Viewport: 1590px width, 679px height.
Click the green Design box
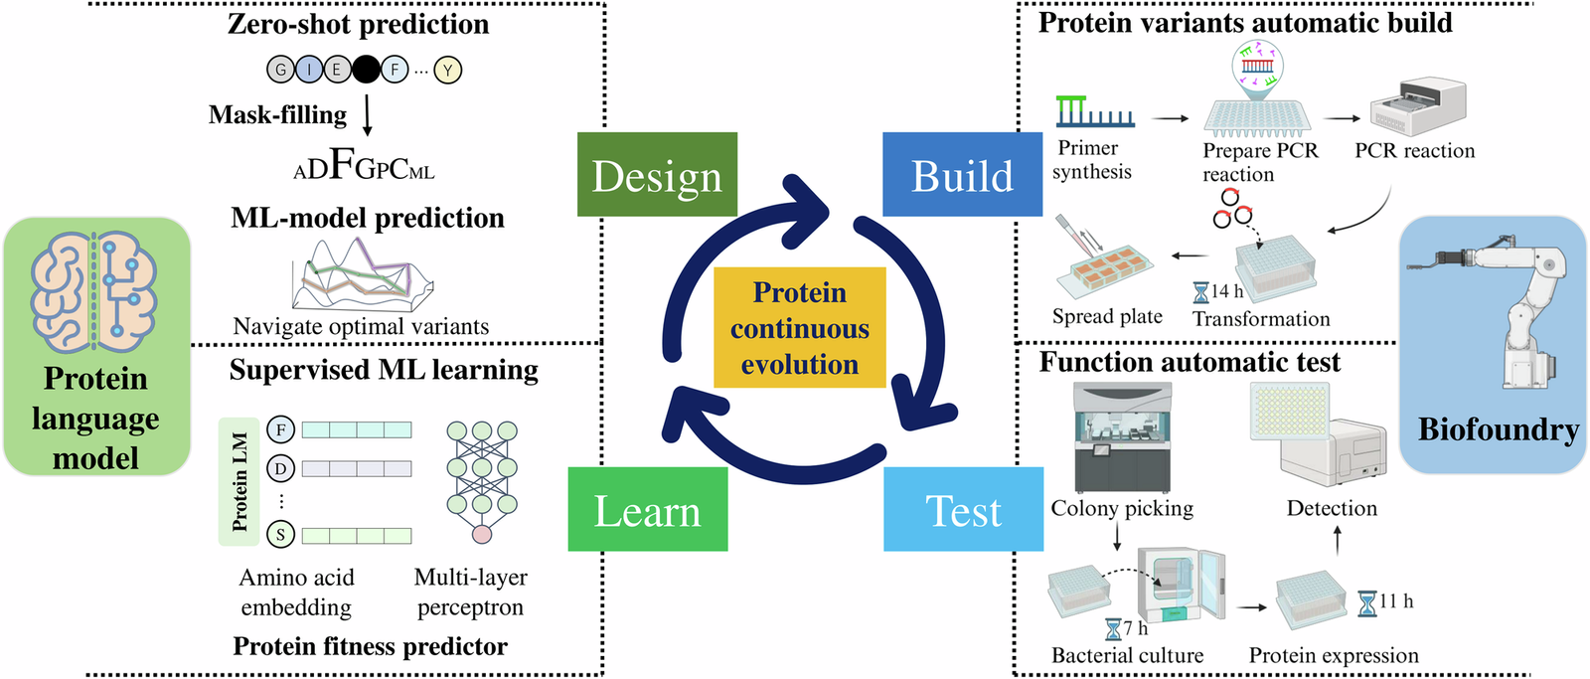click(657, 175)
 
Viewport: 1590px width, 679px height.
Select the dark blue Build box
click(962, 175)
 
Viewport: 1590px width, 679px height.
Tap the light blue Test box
click(963, 509)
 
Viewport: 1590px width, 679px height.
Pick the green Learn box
click(647, 509)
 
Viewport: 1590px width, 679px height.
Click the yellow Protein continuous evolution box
click(799, 327)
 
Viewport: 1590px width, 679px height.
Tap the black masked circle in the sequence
click(366, 70)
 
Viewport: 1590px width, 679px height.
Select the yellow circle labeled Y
click(448, 70)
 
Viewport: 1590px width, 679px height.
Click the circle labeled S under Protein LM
click(281, 535)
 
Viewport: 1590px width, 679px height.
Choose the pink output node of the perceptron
click(482, 535)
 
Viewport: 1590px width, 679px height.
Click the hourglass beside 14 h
click(1201, 292)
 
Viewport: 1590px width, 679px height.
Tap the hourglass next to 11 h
click(1367, 602)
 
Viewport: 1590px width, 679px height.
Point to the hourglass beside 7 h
click(1113, 629)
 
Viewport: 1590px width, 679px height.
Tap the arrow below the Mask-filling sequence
click(368, 114)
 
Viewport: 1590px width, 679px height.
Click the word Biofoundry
click(1498, 429)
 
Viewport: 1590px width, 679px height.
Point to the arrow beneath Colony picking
click(1117, 537)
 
